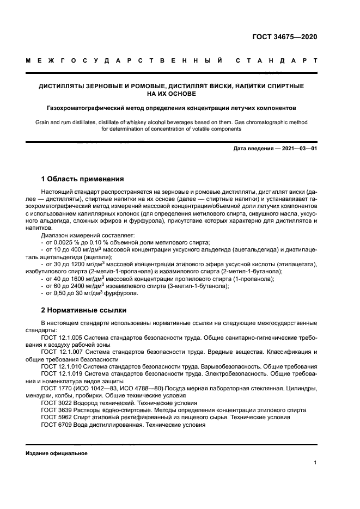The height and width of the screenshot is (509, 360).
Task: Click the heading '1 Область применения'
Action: (83, 179)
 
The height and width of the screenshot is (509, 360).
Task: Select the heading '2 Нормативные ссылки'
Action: (84, 310)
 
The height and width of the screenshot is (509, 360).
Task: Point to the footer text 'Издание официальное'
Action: (56, 453)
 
